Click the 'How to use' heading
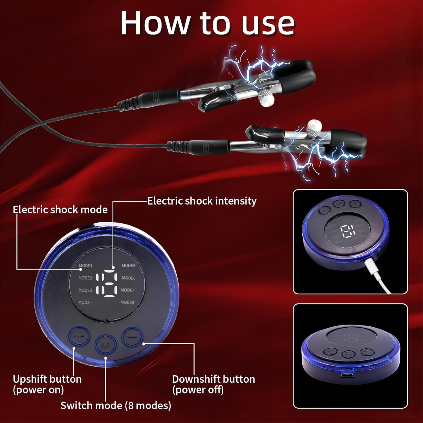click(208, 23)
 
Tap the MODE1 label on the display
click(85, 266)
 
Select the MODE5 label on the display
click(129, 265)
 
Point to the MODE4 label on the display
click(85, 302)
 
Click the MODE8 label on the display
click(127, 302)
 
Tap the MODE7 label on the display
click(128, 290)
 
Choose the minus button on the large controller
click(132, 337)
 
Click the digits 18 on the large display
click(107, 283)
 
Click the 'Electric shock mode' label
click(60, 210)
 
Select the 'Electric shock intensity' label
click(202, 201)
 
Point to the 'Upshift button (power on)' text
click(47, 384)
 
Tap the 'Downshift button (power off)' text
click(213, 384)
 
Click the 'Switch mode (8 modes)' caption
click(116, 406)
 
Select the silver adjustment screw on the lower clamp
click(314, 129)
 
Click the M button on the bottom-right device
click(349, 354)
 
